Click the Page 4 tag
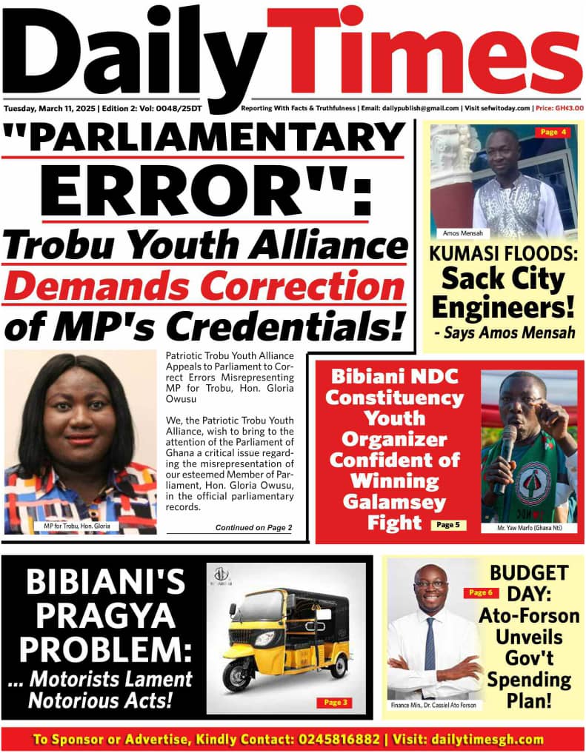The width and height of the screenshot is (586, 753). coord(553,133)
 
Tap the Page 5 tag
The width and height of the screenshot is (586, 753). coord(447,524)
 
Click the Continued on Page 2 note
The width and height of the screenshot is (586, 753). coord(253,528)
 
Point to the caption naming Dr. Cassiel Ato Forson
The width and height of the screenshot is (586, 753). coord(433,705)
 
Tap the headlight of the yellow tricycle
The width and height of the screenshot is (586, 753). coord(264,638)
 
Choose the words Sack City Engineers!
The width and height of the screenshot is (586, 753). coord(503,292)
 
